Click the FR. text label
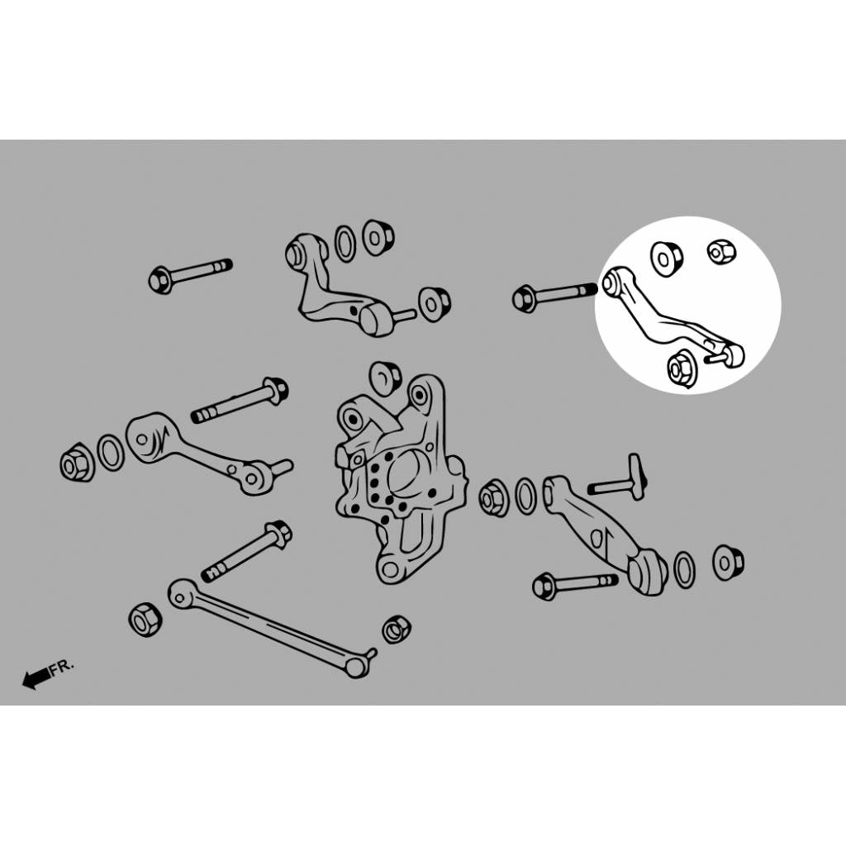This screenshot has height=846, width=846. (x=62, y=667)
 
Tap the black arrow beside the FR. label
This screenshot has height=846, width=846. (x=36, y=678)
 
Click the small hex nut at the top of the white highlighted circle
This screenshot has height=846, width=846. (x=722, y=251)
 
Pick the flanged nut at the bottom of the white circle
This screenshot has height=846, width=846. (x=682, y=369)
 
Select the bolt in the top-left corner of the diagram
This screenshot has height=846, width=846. (x=190, y=276)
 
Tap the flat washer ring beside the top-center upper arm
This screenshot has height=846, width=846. (x=345, y=244)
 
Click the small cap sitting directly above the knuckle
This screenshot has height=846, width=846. (x=385, y=377)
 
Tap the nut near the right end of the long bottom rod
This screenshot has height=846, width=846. (x=397, y=629)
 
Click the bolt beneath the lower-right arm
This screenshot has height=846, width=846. (x=575, y=585)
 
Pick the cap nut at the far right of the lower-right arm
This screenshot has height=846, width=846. (x=729, y=562)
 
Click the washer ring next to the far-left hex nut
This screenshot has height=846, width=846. (x=111, y=452)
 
